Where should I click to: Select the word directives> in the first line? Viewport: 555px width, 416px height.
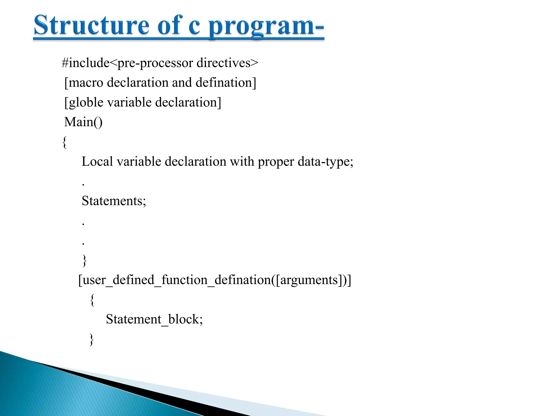pos(227,63)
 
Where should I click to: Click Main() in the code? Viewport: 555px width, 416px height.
pos(83,122)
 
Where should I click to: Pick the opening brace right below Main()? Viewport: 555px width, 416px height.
pos(64,142)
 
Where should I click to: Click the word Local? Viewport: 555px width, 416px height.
pos(97,162)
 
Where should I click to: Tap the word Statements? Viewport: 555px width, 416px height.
pos(114,201)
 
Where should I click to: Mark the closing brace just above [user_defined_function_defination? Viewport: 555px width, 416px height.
pos(85,260)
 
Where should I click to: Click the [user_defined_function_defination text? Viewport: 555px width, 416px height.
pos(173,280)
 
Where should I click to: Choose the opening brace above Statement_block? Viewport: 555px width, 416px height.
pos(92,300)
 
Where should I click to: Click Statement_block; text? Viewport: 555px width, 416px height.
pos(154,319)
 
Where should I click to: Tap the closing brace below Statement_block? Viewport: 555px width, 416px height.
pos(92,339)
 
